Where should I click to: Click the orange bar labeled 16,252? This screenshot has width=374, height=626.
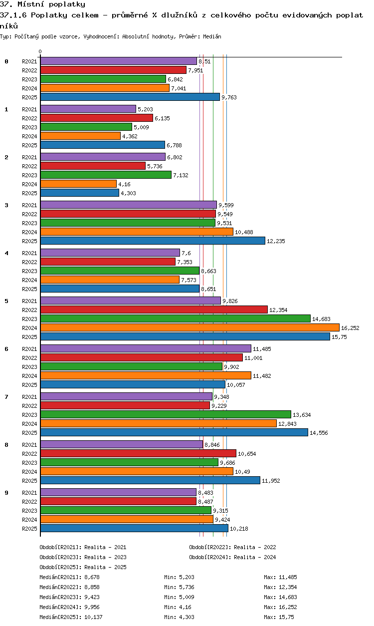coord(190,327)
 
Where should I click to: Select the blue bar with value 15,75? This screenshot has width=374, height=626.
coord(185,336)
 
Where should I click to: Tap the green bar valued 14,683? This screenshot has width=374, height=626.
coord(175,318)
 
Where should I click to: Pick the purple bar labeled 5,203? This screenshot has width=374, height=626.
coord(88,109)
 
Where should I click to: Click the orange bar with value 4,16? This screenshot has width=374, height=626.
coord(78,184)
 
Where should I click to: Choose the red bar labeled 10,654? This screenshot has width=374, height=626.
coord(138,453)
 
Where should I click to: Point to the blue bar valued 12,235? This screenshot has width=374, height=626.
coord(153,241)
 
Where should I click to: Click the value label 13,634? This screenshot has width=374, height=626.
coord(302,415)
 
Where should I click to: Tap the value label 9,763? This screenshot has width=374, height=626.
coord(229,97)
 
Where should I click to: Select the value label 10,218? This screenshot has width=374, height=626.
coord(239,529)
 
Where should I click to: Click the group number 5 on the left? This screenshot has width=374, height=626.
coord(6,301)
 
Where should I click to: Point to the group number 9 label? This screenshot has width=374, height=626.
coord(6,493)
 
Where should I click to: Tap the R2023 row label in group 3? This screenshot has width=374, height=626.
coord(29,223)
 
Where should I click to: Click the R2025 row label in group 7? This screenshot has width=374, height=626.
coord(29,433)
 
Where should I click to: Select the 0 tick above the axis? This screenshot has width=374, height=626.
coord(40,51)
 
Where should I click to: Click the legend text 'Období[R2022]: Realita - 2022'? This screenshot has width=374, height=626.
coord(232,547)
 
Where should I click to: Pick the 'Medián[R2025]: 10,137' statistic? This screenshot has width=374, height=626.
coord(71,617)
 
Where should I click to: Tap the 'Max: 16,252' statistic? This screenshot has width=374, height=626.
coord(280,607)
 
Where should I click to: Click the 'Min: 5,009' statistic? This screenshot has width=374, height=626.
coord(179,597)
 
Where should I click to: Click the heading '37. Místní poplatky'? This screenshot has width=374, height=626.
coord(42,4)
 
